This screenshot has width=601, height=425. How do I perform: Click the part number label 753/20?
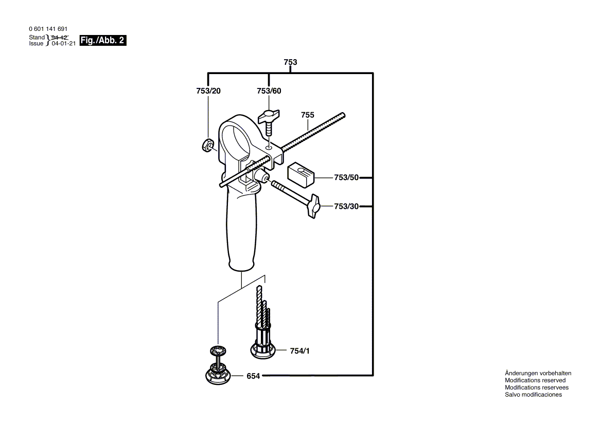click(x=208, y=91)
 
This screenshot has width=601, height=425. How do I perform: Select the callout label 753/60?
click(x=269, y=91)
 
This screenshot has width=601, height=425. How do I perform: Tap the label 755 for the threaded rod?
click(x=308, y=115)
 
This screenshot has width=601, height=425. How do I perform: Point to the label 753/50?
click(x=346, y=178)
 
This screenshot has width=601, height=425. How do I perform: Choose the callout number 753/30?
click(x=346, y=206)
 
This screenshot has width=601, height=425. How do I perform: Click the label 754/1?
click(x=300, y=351)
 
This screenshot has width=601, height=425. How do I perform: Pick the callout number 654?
click(x=253, y=376)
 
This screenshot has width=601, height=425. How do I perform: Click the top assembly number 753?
click(x=290, y=62)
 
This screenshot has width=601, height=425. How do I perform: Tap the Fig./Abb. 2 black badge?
click(x=103, y=41)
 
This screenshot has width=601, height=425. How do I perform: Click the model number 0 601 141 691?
click(x=48, y=29)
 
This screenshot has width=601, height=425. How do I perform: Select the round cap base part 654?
click(x=217, y=376)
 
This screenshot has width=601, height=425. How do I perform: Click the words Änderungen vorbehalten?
click(x=538, y=373)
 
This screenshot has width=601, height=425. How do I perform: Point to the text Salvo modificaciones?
click(x=533, y=395)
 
